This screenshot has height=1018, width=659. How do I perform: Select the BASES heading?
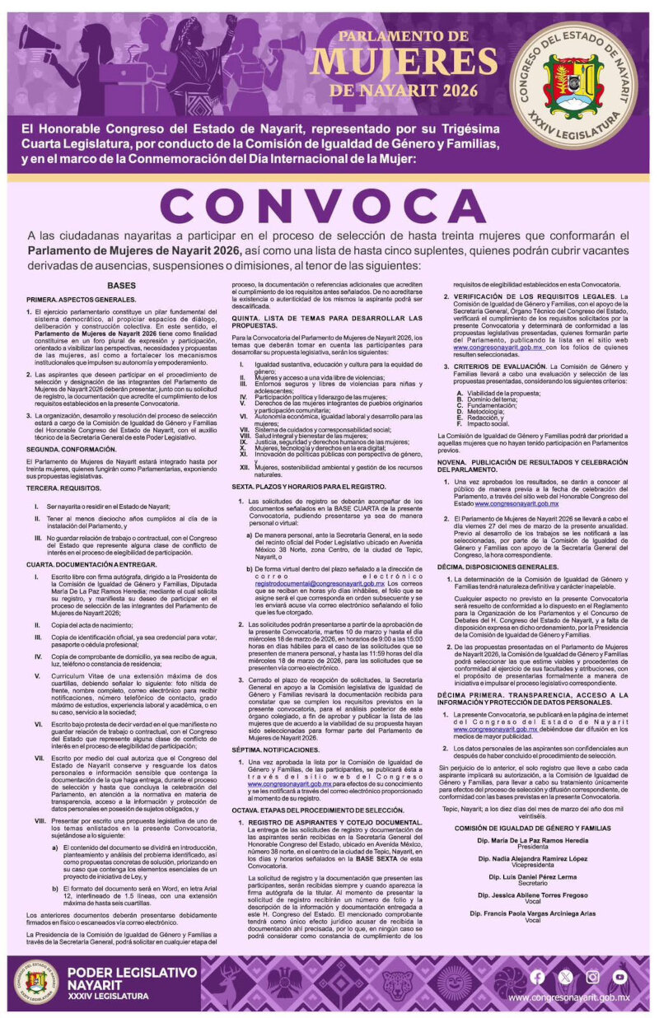pyautogui.click(x=121, y=285)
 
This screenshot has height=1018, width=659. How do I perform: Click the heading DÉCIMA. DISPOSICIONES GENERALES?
pyautogui.click(x=497, y=567)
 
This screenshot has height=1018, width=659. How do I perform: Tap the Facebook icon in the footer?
pyautogui.click(x=537, y=978)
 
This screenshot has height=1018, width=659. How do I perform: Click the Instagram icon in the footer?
pyautogui.click(x=592, y=978)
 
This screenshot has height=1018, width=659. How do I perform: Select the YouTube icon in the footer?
pyautogui.click(x=619, y=978)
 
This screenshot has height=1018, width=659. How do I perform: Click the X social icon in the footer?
pyautogui.click(x=564, y=978)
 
